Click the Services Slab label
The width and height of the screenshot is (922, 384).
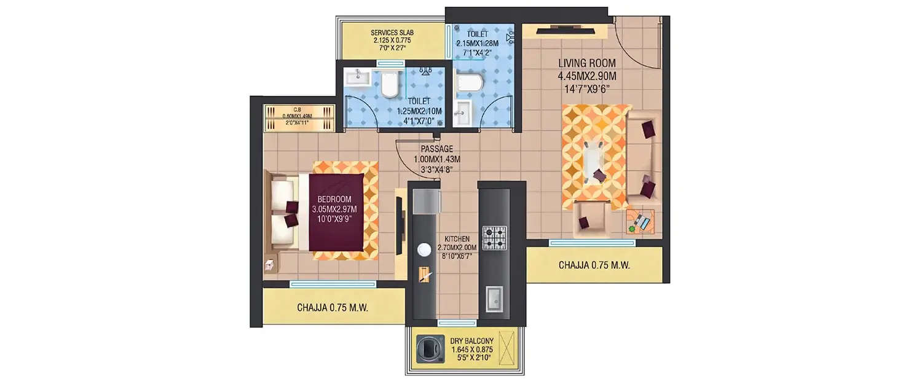(x=391, y=41)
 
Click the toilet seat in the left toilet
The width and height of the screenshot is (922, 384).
(x=390, y=84)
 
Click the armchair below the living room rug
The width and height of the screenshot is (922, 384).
(x=592, y=218)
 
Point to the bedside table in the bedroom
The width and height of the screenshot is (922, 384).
(x=269, y=264)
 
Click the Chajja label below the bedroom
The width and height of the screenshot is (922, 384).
(x=332, y=308)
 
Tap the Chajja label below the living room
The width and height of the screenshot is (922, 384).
(x=594, y=265)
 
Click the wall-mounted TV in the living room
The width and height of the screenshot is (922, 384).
(x=564, y=29)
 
